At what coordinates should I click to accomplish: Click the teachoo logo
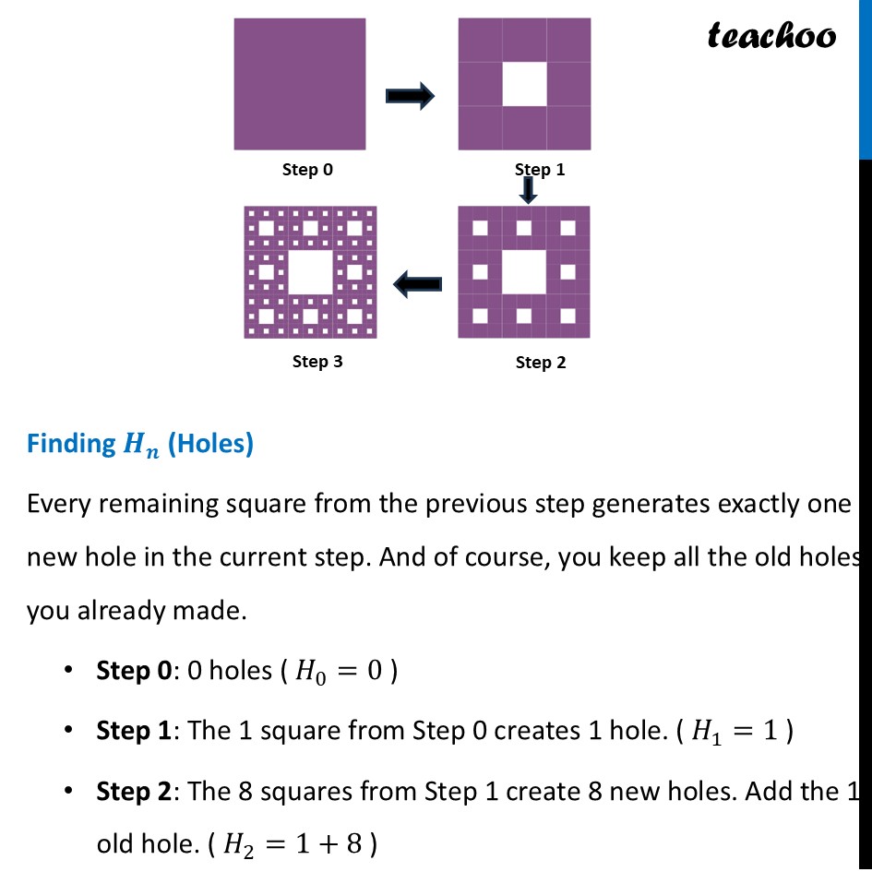[771, 36]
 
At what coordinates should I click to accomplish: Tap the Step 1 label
[540, 170]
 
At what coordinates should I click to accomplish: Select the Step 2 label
[541, 363]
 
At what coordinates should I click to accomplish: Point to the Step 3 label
[317, 362]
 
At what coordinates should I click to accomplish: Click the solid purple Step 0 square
[300, 84]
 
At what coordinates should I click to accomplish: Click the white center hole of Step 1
[524, 84]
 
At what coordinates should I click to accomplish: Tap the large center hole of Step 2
[524, 272]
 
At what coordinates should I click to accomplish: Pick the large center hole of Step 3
[310, 272]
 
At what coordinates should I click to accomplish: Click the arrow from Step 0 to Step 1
[410, 94]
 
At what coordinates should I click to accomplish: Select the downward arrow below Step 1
[528, 191]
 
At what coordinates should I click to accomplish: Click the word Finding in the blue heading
[70, 444]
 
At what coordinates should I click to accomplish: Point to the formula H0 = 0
[338, 671]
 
